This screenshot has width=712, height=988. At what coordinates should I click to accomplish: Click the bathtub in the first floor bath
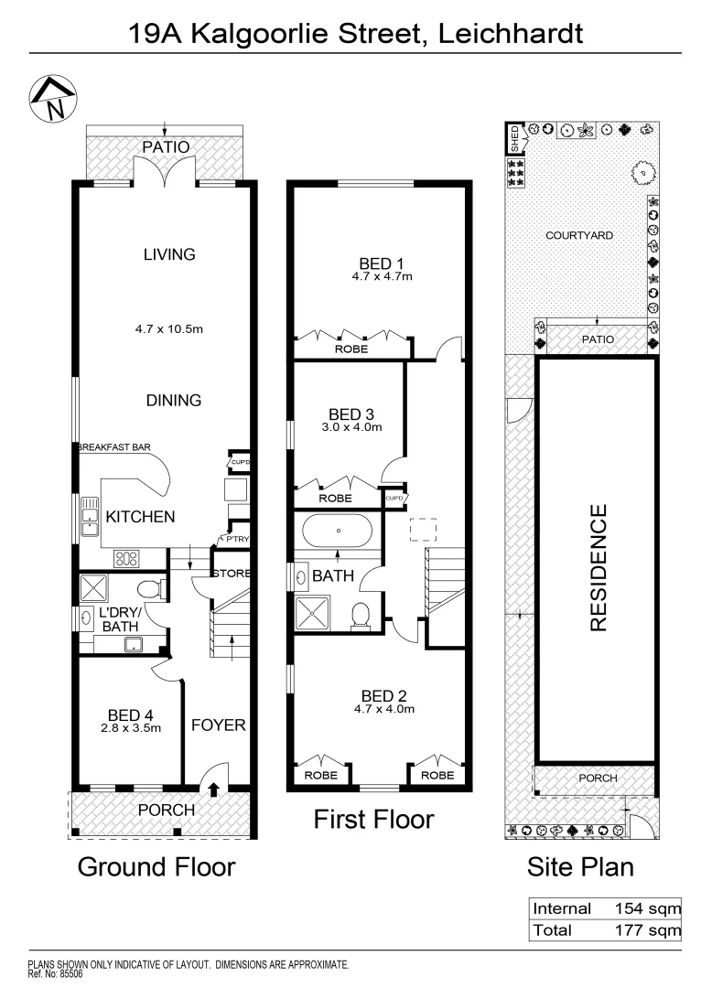tap(338, 531)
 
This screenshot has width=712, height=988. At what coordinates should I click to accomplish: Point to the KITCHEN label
tap(140, 517)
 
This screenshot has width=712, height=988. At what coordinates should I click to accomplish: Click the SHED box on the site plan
tap(514, 140)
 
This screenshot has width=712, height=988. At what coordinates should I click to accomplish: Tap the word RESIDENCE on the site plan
tap(598, 568)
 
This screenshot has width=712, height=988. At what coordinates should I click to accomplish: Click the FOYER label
tap(218, 725)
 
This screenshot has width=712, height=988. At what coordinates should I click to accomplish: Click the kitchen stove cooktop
tap(125, 557)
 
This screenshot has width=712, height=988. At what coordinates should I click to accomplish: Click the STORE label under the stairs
tap(232, 574)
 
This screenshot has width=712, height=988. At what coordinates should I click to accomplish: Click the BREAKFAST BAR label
tap(113, 447)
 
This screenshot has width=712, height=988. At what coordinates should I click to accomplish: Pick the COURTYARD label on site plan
tap(579, 235)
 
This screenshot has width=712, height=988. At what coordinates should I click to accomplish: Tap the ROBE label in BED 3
tap(336, 499)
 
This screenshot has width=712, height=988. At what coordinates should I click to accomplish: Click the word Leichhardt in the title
tap(511, 34)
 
